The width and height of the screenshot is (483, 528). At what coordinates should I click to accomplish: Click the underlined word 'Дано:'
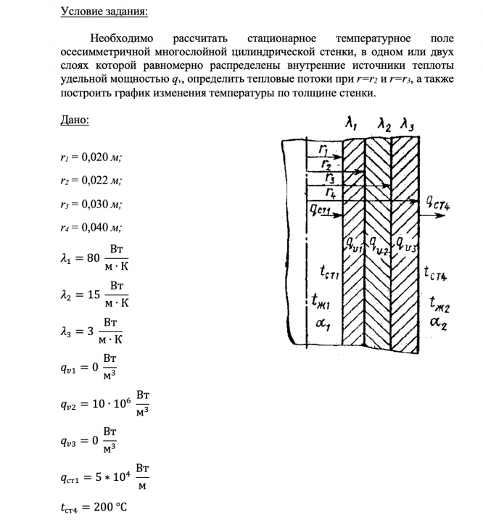click(x=74, y=120)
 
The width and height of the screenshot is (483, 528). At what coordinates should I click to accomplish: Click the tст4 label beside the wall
click(x=439, y=274)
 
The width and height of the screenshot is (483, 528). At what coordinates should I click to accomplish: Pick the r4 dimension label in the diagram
click(x=330, y=194)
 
